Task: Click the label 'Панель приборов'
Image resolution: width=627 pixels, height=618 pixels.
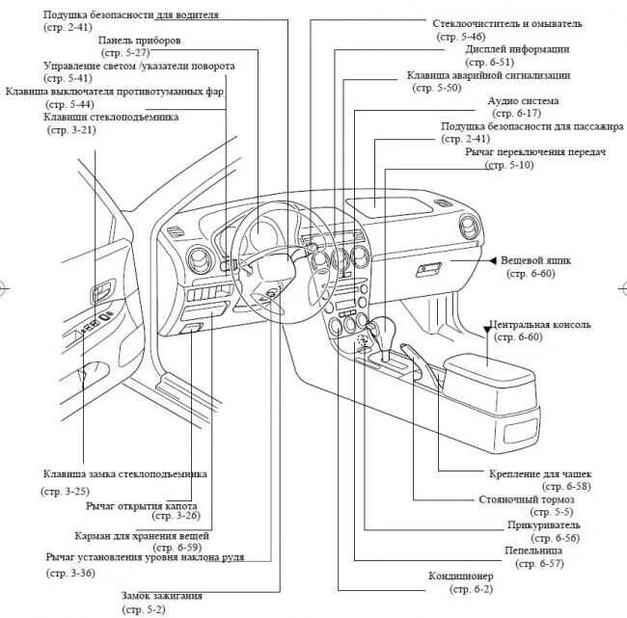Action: tap(136, 40)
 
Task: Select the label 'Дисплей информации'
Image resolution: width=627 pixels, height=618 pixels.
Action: tap(517, 48)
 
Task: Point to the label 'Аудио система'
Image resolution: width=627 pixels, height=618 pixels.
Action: tap(523, 100)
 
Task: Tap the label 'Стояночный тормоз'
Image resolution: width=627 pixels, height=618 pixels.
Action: tap(527, 499)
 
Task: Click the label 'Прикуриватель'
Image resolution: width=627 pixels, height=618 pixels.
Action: tap(543, 525)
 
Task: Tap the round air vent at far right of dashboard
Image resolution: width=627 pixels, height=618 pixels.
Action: tap(470, 229)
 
